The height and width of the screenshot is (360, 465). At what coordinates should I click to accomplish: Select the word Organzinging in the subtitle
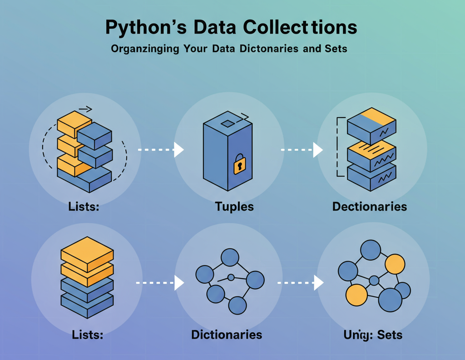point(145,49)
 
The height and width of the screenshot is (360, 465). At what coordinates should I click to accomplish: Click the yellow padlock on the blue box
point(239,165)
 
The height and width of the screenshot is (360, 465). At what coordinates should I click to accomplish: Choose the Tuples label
point(234,207)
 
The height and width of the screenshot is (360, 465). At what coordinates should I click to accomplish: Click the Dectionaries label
point(369,207)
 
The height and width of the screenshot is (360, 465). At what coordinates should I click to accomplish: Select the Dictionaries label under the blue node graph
point(227,335)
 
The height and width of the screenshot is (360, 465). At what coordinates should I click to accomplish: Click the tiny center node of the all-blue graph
point(231,277)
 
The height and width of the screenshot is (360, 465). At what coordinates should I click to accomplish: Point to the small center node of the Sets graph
point(374,281)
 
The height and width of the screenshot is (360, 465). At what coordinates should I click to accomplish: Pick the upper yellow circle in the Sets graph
point(395,264)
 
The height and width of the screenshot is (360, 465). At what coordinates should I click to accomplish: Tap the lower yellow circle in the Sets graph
point(356,296)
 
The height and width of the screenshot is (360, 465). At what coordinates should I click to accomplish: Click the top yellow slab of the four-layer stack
point(87,249)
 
